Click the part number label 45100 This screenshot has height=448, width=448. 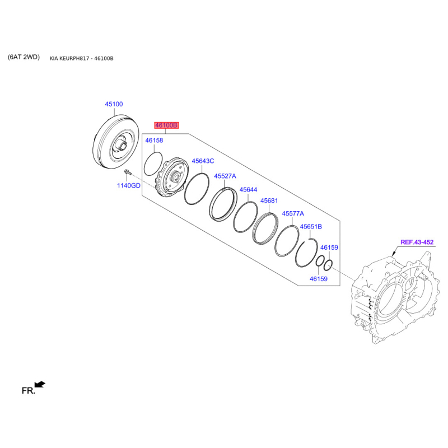[x=114, y=104]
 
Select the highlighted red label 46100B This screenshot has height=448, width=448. [x=166, y=126]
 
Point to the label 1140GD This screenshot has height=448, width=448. [x=128, y=185]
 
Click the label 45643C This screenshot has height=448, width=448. [x=203, y=161]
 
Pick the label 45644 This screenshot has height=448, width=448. [x=248, y=190]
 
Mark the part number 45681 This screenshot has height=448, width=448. [x=269, y=200]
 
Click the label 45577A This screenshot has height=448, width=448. [x=293, y=213]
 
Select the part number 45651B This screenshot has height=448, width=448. [x=311, y=227]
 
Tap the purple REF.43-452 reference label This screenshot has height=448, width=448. [x=417, y=242]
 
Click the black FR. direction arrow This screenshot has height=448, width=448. [x=40, y=384]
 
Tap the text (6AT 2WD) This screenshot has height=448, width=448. [x=24, y=57]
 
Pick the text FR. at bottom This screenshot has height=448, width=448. [x=28, y=391]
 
